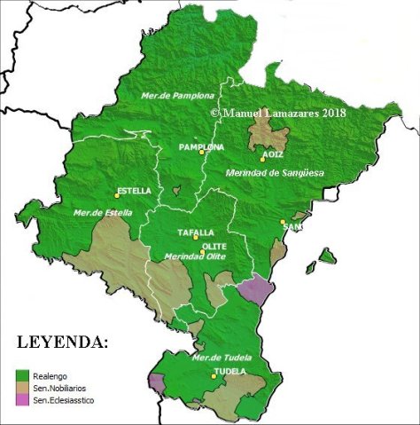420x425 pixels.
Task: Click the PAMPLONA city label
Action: [x=200, y=146]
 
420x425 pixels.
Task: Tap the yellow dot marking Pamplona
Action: [x=202, y=153]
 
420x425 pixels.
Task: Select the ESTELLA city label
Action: [x=134, y=190]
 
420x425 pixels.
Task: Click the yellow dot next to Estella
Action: [x=116, y=195]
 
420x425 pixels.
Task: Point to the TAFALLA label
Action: [x=196, y=232]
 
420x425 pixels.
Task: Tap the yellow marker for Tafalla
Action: [x=195, y=238]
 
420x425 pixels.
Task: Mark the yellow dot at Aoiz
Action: [x=262, y=160]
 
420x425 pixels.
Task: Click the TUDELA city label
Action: [x=229, y=370]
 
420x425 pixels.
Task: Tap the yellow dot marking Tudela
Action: [x=213, y=376]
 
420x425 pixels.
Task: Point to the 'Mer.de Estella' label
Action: [x=103, y=213]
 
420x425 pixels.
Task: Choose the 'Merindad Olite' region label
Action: [x=194, y=257]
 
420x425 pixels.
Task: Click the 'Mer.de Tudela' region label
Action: [x=221, y=358]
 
